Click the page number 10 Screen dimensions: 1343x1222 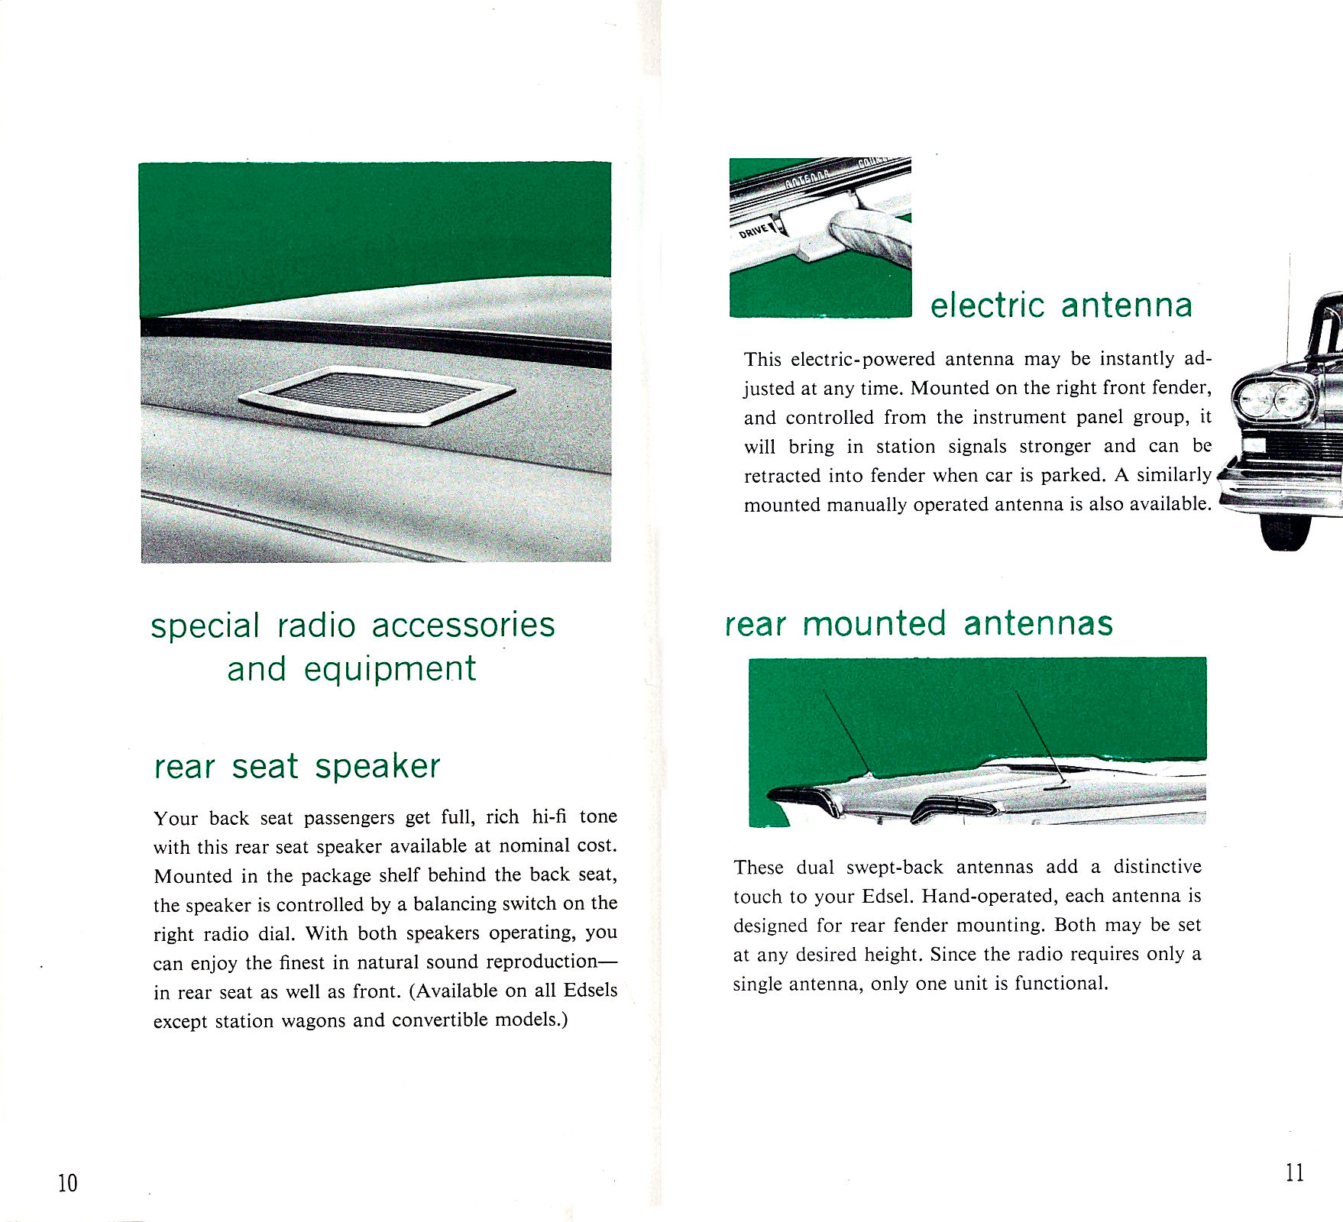(67, 1183)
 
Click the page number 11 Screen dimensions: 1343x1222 (1295, 1172)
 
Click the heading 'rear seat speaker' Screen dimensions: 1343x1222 (297, 766)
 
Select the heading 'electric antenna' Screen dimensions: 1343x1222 (1061, 305)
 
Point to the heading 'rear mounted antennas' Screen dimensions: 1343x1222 (919, 623)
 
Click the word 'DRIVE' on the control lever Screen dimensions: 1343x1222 (754, 230)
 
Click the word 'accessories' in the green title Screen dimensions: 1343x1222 (463, 625)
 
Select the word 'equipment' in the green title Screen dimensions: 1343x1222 (390, 670)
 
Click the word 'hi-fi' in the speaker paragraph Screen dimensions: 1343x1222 (549, 816)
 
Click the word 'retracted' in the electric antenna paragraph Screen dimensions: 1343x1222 (782, 475)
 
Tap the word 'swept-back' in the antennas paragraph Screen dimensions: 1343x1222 (895, 868)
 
